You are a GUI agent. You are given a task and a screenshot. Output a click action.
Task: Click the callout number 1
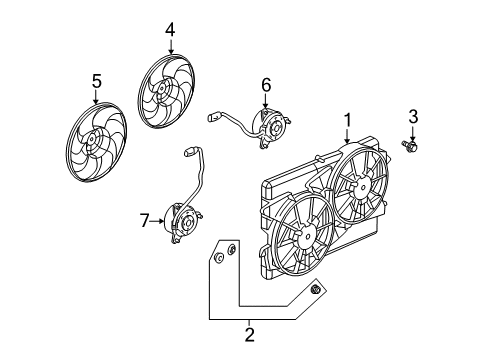(x=347, y=120)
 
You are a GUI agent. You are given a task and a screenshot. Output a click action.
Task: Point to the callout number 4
(x=170, y=30)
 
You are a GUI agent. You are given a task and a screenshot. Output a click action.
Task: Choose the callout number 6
(x=266, y=86)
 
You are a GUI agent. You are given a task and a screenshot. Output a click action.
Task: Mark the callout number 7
(x=144, y=220)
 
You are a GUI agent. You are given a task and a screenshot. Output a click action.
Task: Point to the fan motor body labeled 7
(x=181, y=221)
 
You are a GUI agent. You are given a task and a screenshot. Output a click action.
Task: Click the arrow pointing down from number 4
(x=170, y=46)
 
